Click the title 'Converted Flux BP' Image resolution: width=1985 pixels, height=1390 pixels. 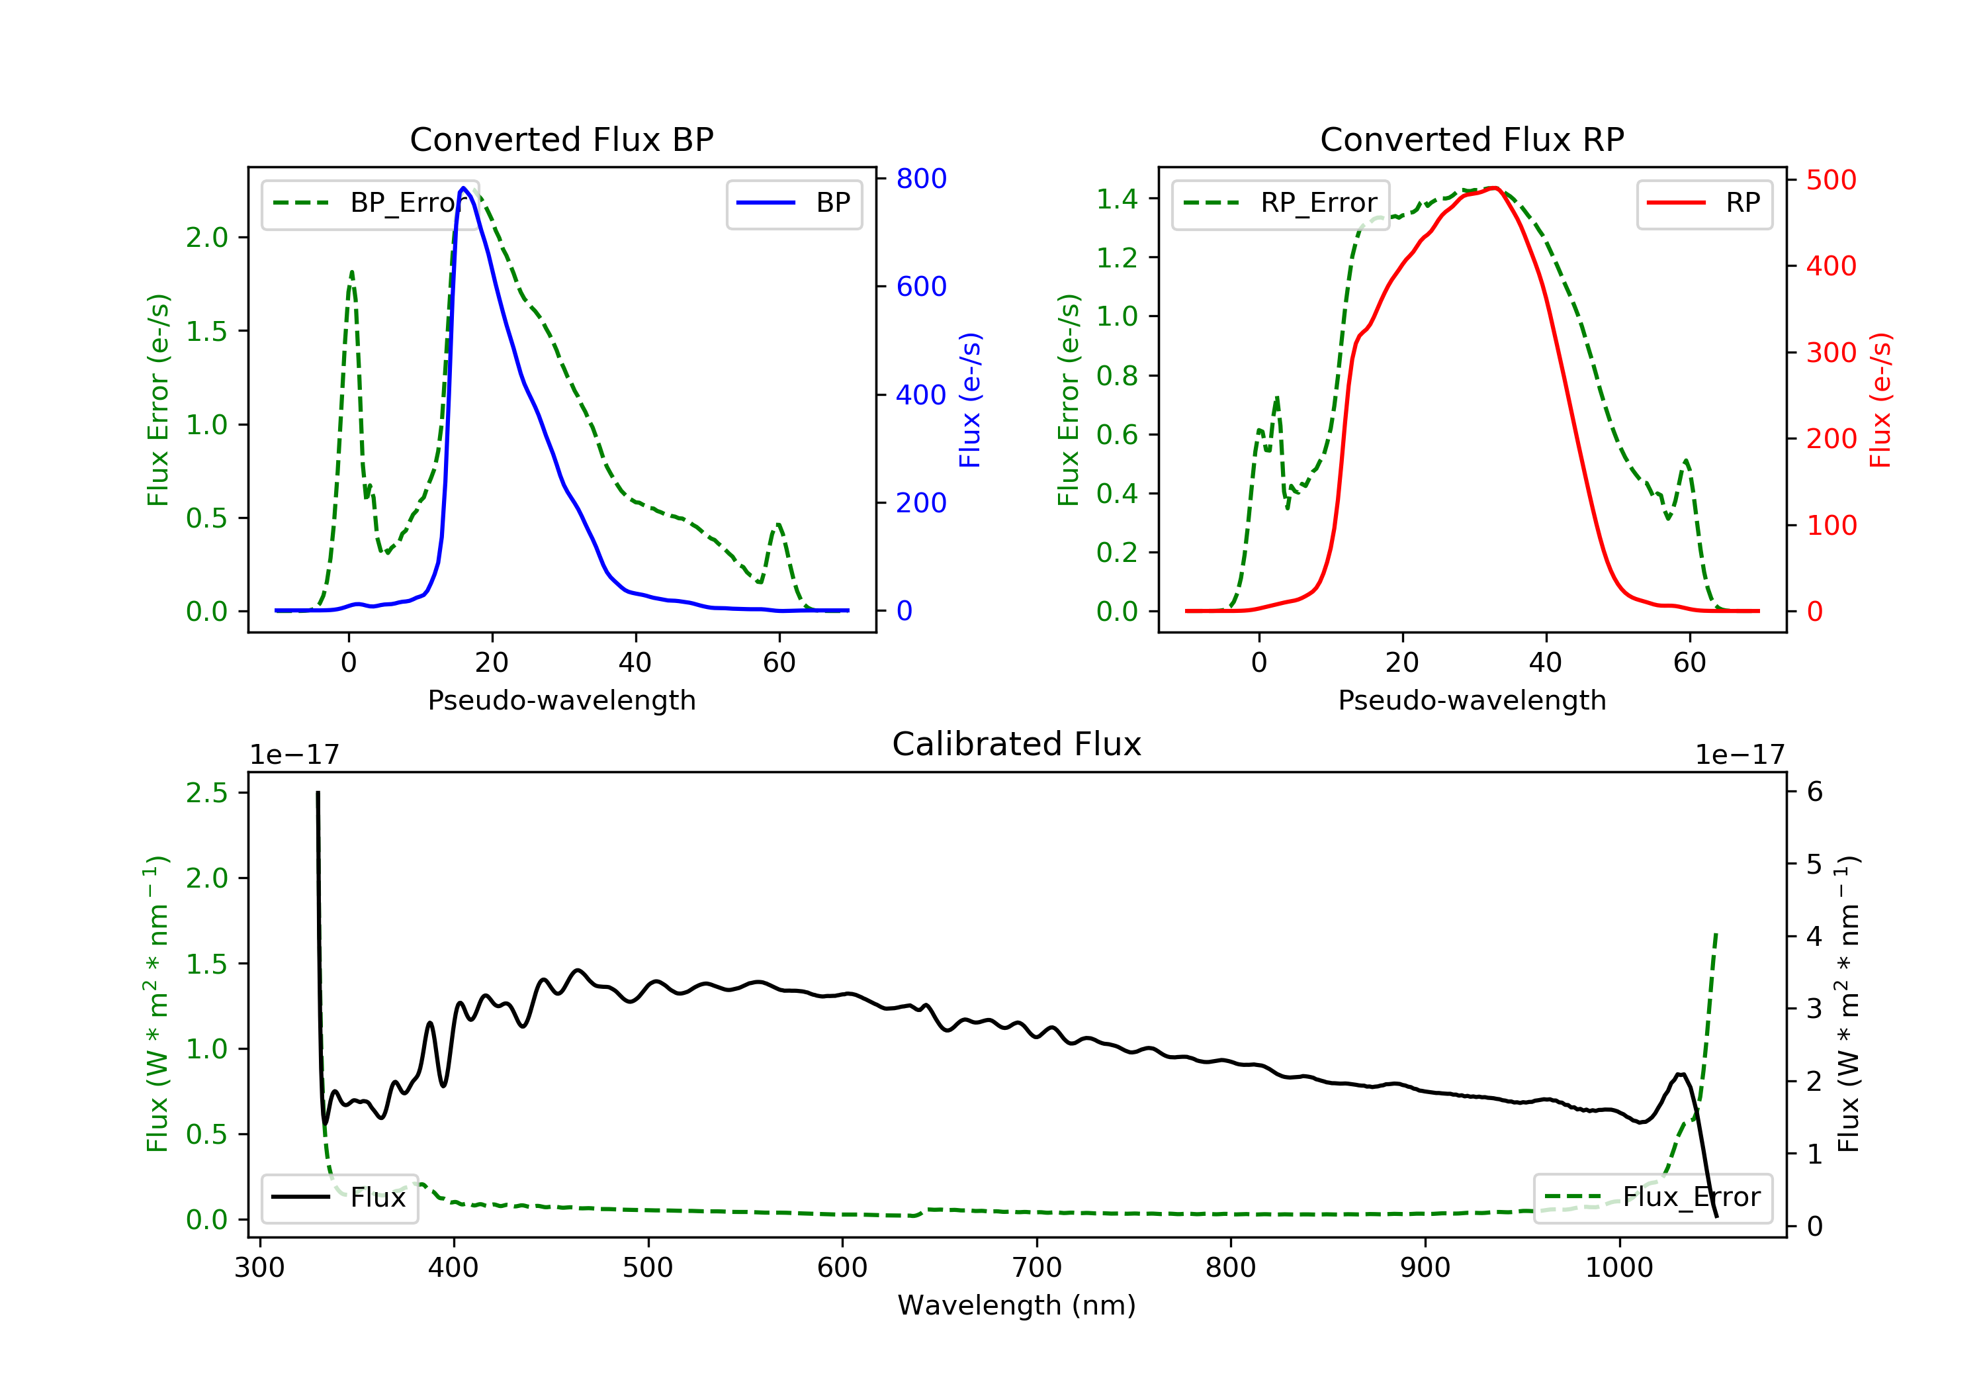[x=561, y=139]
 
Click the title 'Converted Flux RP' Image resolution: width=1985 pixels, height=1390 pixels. [x=1472, y=139]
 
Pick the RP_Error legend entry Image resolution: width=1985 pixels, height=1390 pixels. [x=1280, y=203]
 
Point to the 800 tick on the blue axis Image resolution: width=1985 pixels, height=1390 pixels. [x=921, y=179]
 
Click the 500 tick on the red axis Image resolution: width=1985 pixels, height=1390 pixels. [x=1830, y=180]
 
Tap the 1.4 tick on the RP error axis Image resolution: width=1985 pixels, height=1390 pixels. [x=1116, y=199]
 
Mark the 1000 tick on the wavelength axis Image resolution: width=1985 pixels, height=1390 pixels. [x=1618, y=1268]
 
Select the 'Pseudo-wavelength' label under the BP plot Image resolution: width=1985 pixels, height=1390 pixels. [x=561, y=700]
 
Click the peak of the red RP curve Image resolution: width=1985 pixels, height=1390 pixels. [x=1494, y=188]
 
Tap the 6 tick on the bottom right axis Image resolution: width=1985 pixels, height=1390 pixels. [x=1815, y=792]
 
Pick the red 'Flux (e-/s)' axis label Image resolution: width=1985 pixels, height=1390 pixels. [x=1880, y=400]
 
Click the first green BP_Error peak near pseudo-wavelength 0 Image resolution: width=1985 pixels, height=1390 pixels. [x=351, y=273]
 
